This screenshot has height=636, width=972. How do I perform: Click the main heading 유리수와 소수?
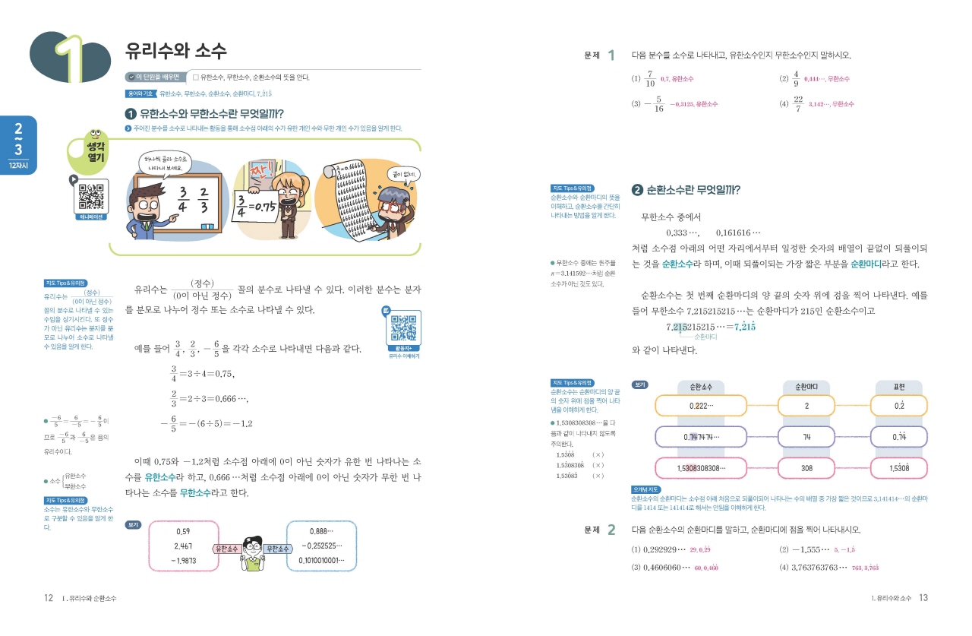tap(175, 51)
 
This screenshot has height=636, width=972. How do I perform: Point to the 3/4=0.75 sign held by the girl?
tap(254, 206)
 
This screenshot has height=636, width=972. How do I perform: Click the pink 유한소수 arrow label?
tap(227, 549)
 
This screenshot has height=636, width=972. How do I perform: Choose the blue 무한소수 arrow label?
tap(276, 549)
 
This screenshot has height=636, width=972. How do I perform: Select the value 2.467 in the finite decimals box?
tap(182, 546)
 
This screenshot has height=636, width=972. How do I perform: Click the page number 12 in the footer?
tap(48, 599)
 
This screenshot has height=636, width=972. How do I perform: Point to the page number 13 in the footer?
tap(923, 598)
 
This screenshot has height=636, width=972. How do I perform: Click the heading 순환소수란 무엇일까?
tap(691, 190)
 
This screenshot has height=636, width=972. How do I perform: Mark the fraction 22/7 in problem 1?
tap(797, 103)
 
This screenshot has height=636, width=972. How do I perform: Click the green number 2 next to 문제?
tap(611, 530)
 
